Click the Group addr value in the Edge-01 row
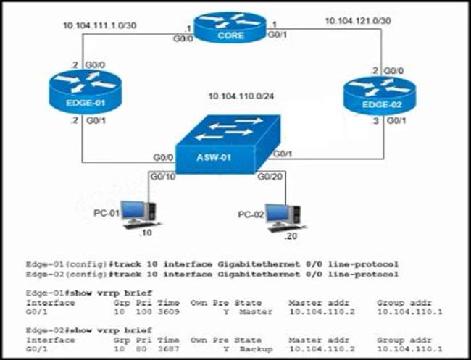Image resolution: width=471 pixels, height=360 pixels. tap(409, 312)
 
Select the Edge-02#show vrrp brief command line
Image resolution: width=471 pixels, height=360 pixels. tap(73, 330)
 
